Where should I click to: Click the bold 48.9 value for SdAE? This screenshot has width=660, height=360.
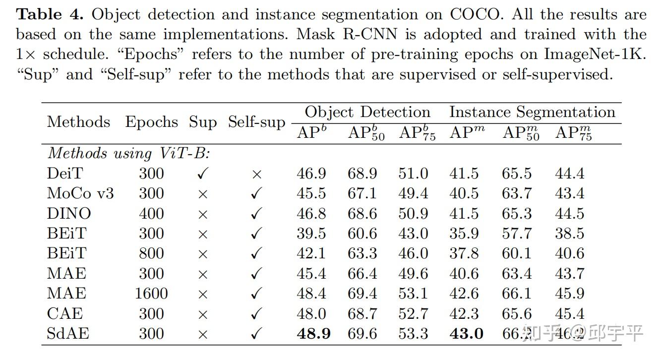click(x=313, y=334)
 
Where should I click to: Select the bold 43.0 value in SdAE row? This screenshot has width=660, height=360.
click(x=466, y=334)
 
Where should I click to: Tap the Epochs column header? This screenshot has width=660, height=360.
click(x=151, y=122)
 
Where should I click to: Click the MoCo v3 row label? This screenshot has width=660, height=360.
click(x=80, y=193)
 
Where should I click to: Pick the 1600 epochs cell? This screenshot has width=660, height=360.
click(x=151, y=294)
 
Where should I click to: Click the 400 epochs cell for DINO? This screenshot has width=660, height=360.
click(x=151, y=213)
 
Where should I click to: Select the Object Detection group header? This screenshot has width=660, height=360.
click(x=367, y=112)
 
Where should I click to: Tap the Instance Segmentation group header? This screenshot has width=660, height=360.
click(x=532, y=112)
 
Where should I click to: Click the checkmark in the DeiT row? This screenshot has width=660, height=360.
click(x=202, y=174)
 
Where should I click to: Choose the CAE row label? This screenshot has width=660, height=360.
click(x=65, y=313)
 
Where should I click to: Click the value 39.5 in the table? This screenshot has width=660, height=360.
click(x=311, y=234)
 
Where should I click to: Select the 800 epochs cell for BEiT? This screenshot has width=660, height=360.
click(x=151, y=253)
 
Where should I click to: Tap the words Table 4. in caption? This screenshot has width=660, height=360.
click(x=52, y=14)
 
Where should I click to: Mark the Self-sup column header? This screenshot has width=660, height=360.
click(x=256, y=122)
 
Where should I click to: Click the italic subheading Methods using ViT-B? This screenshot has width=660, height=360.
click(x=129, y=153)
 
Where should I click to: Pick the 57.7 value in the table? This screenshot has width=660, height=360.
click(x=516, y=234)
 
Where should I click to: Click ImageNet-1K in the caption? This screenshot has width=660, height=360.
click(x=595, y=54)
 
